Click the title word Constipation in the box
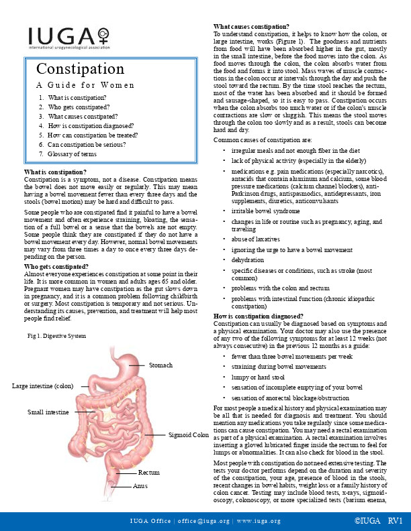coord(80,69)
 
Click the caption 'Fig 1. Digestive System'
coord(56,335)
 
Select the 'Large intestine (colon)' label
coord(42,386)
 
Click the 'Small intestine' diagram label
coord(49,411)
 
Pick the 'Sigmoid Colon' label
coord(189,435)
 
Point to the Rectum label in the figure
coord(148,473)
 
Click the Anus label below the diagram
coord(140,485)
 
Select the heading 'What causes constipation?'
coord(251,25)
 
